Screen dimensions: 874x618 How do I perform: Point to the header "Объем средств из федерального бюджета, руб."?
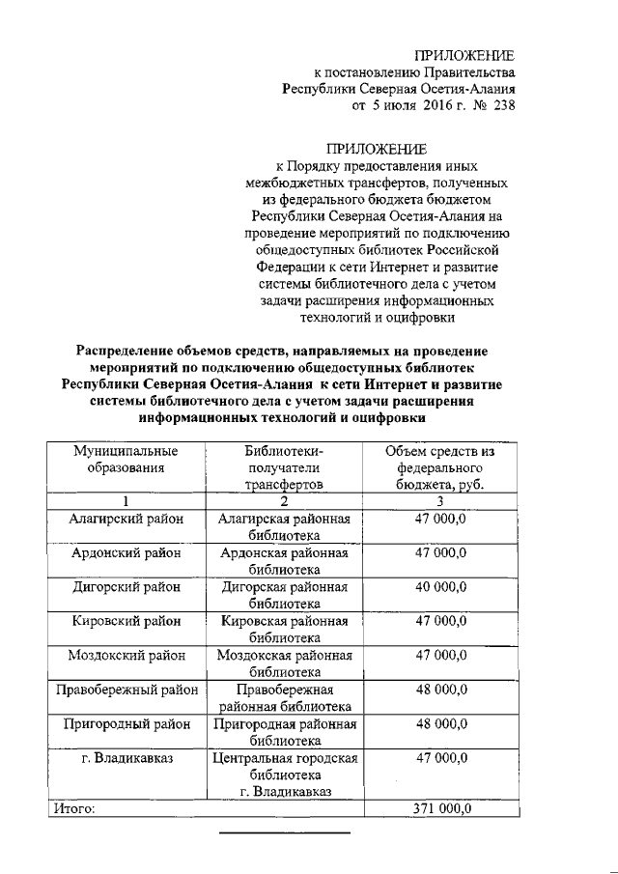click(439, 467)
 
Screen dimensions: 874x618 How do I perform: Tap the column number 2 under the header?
click(283, 500)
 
